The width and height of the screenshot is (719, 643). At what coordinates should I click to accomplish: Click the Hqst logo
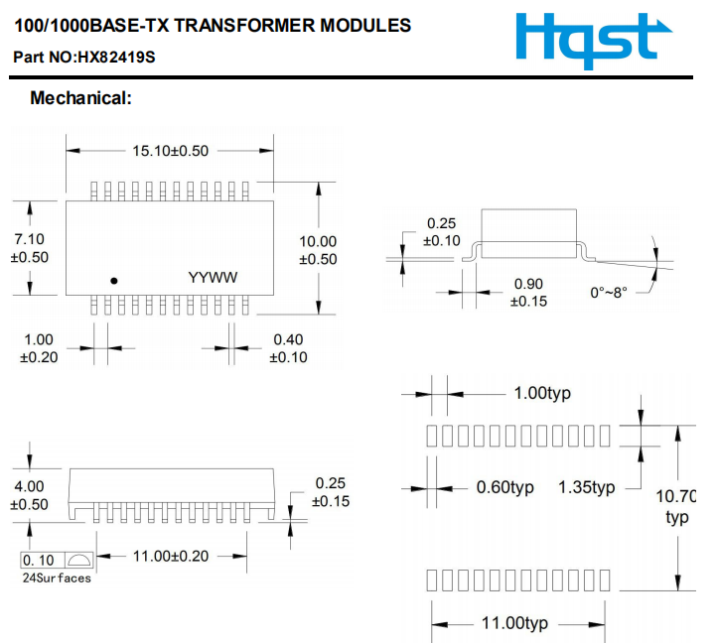coord(587,39)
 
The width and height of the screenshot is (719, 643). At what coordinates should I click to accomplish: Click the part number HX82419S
coord(84,58)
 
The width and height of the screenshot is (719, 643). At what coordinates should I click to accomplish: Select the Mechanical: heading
coord(80,98)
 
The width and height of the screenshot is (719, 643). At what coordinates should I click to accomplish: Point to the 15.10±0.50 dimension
coord(171,151)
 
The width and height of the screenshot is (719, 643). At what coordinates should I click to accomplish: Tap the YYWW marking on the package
coord(214,278)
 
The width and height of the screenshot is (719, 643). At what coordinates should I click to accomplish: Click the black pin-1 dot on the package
coord(114,281)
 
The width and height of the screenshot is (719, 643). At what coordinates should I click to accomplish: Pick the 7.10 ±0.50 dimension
coord(29,248)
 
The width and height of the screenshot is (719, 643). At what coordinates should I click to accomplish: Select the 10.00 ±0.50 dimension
coord(318,250)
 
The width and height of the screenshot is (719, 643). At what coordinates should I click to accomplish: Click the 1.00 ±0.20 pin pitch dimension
coord(38,348)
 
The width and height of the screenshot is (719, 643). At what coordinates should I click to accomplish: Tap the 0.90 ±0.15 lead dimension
coord(529,293)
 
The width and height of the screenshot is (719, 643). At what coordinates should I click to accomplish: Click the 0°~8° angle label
coord(609,293)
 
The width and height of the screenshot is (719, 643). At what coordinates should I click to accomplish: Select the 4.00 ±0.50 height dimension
coord(29,495)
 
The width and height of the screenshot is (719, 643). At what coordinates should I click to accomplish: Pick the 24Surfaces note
coord(57,578)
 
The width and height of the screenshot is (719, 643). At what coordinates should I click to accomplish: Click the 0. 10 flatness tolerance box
coord(40,561)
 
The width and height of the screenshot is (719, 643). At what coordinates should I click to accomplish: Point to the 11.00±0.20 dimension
coord(171,556)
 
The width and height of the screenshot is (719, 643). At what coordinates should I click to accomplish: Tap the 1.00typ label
coord(542,393)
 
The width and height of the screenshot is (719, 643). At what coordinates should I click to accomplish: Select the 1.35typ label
coord(587,487)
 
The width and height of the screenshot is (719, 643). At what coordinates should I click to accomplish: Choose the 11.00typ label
coord(514,623)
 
